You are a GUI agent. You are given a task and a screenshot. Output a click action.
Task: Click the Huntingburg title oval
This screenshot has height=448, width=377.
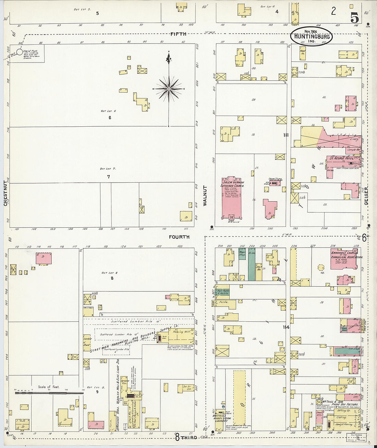pos(312,36)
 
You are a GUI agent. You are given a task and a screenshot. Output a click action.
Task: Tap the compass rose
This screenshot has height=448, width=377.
pos(169,89)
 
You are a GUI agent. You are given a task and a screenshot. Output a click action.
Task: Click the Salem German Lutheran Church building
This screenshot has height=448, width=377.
pos(232,197)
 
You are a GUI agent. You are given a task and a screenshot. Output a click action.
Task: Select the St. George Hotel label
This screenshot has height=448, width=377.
pos(341,158)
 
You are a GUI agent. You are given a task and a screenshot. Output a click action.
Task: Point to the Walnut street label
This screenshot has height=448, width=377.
pos(205,196)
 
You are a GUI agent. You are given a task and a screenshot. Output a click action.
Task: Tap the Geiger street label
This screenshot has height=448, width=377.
pos(366,196)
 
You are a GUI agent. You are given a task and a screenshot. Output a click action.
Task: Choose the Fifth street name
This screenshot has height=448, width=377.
pos(178,34)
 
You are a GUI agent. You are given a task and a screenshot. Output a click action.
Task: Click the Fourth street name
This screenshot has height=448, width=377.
pos(179,237)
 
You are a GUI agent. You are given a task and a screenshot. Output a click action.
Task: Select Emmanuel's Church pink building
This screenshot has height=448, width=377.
pos(345,259)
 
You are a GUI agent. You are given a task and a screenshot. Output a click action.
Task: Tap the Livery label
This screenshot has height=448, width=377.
pos(354,139)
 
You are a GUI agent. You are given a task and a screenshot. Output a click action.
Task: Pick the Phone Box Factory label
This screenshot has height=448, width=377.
pos(340,404)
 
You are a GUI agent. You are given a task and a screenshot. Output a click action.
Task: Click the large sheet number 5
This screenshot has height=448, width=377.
pos(354,17)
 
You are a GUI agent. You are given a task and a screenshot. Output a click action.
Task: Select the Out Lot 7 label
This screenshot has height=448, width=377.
pos(108,169)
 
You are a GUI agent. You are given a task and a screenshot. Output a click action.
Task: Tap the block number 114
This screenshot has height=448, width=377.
pos(286,327)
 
